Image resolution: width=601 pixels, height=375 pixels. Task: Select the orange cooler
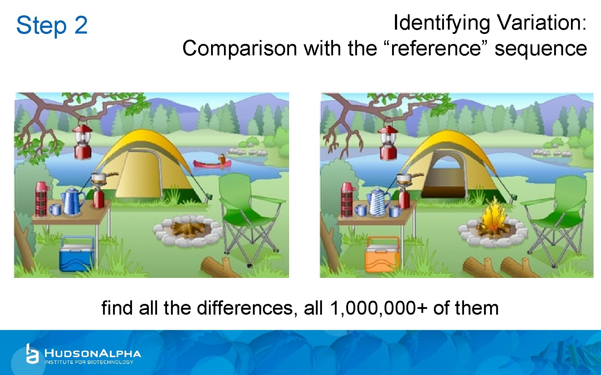(382, 254)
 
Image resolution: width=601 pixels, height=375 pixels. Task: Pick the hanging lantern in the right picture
(388, 143)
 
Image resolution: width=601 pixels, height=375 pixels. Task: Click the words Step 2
(52, 25)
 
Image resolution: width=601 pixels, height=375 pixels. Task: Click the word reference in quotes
(436, 49)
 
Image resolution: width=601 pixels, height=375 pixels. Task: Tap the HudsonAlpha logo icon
(32, 354)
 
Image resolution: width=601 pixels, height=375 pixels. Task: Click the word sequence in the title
(541, 49)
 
